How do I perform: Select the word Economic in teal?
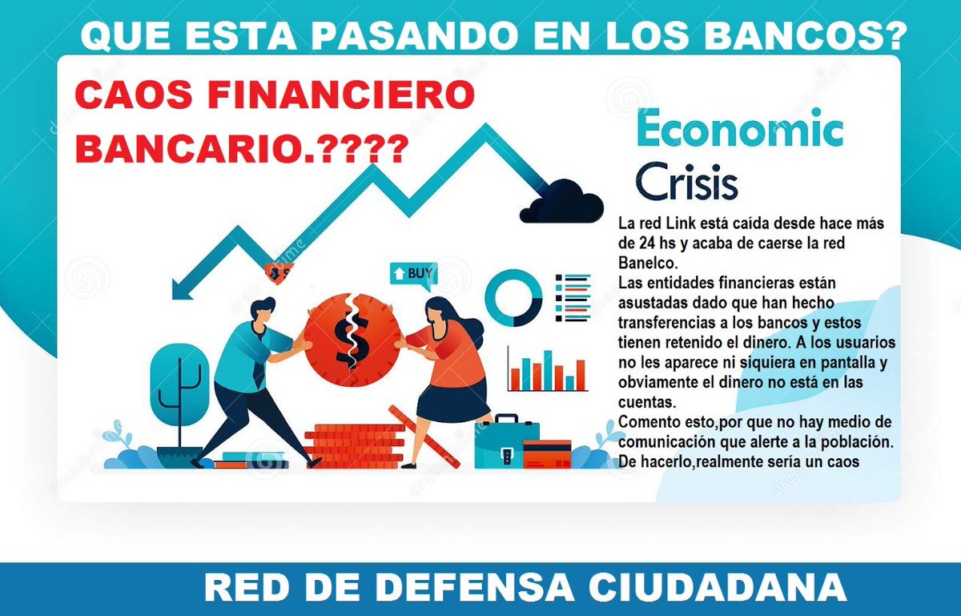(x=739, y=130)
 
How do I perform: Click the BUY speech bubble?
(x=413, y=275)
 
